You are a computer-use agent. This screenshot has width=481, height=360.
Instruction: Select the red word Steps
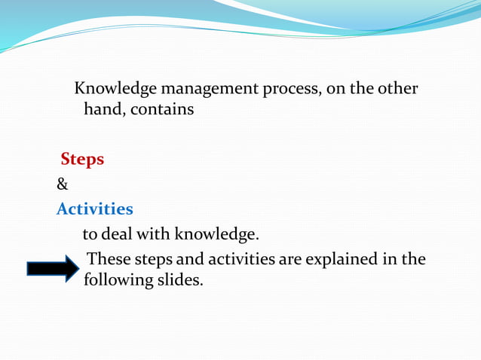82,160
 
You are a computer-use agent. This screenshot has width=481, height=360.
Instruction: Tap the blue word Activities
95,209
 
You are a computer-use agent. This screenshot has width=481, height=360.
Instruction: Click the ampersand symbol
63,184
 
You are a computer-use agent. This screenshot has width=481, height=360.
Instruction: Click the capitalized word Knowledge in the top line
114,89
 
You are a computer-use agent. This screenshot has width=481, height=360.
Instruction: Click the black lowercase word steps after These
155,260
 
